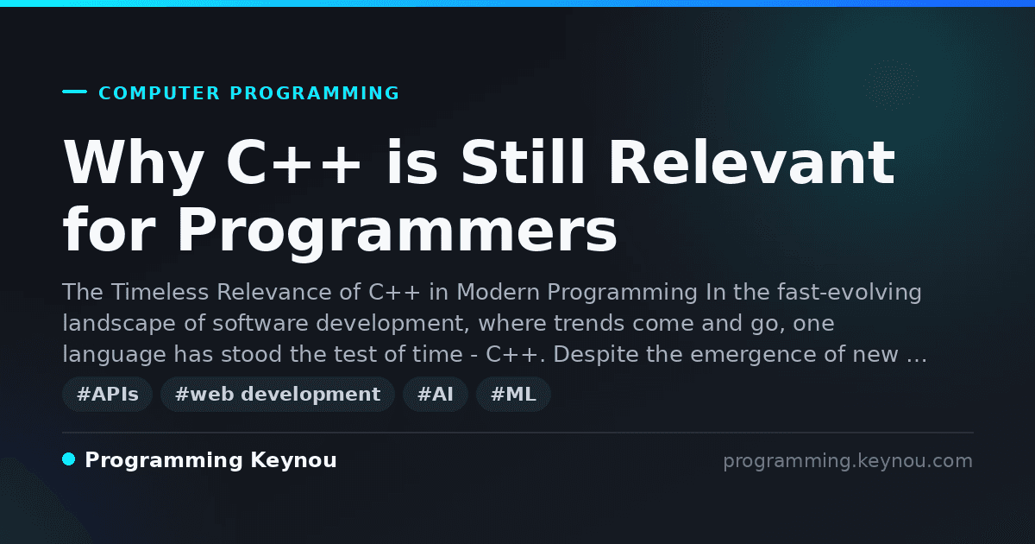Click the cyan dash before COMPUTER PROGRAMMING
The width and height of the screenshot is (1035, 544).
point(74,92)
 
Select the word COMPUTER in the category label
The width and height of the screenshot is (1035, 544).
point(159,93)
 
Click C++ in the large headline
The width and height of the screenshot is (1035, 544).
point(293,163)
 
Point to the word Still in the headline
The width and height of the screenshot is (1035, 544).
point(524,162)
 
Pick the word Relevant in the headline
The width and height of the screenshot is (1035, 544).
point(755,162)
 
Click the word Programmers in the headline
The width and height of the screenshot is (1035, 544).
point(398,231)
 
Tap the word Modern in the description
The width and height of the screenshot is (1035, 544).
point(499,293)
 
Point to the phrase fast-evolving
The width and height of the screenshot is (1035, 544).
point(850,293)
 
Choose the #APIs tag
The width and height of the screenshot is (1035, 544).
point(107,394)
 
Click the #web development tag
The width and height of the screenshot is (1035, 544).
point(278,394)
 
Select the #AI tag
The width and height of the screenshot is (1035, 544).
point(436,394)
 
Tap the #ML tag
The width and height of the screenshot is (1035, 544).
point(513,394)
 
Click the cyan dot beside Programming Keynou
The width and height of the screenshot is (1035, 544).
point(68,459)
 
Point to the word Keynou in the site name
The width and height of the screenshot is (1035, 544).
point(293,461)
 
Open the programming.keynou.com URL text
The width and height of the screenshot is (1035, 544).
point(848,462)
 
